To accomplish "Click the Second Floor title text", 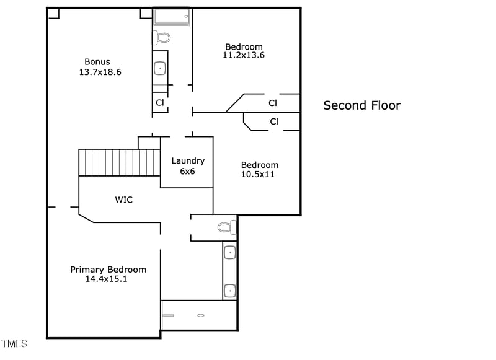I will tap(361, 105).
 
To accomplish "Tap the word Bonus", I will tap(97, 61).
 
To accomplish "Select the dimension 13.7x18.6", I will tap(100, 72).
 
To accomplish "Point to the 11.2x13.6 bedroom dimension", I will tap(244, 55).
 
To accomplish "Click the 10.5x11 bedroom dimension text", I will tap(258, 174).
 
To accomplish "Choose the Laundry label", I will tap(188, 161).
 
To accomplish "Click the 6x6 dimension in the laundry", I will tap(187, 171).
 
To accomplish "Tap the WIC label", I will tap(123, 200).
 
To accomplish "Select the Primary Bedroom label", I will tap(108, 270).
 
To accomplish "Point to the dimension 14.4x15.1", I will tap(107, 279).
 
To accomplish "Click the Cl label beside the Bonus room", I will tap(160, 103).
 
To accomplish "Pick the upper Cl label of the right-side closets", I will tap(273, 103).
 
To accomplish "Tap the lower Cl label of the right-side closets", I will tap(274, 121).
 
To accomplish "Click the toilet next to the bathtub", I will tap(162, 38).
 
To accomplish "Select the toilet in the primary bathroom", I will tap(226, 227).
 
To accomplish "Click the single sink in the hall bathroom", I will tap(160, 68).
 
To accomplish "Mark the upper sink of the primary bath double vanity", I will tap(229, 252).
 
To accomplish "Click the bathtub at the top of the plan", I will tap(171, 17).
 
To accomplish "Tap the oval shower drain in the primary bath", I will tap(201, 315).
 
